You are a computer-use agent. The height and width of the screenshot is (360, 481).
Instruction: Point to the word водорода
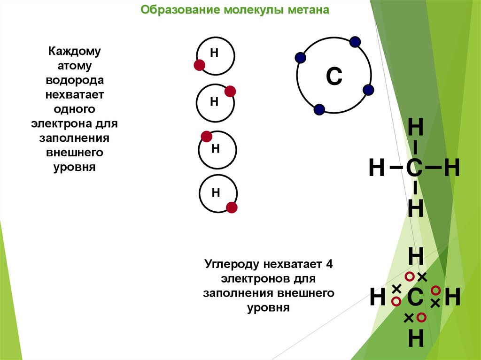click(x=75, y=80)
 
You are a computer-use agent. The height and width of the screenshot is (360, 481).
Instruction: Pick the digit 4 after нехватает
click(x=329, y=263)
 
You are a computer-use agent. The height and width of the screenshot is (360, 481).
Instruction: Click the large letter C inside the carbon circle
click(x=334, y=77)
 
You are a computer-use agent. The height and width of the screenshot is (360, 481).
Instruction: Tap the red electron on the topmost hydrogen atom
click(x=199, y=65)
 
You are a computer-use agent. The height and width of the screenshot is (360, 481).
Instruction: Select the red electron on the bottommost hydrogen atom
click(x=232, y=207)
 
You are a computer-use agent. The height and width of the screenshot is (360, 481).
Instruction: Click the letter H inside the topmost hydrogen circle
click(x=214, y=53)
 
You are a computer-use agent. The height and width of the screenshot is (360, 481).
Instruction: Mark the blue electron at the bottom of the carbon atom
click(x=319, y=109)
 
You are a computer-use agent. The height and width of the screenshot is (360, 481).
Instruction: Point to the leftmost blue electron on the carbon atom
click(x=300, y=58)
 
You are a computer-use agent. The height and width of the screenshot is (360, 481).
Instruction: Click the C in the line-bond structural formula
click(x=415, y=168)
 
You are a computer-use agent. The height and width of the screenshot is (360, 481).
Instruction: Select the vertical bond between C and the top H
click(x=416, y=147)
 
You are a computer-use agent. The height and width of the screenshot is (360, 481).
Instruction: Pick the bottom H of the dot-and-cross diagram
click(x=416, y=338)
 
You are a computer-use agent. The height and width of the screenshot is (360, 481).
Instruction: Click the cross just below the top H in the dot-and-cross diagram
click(x=422, y=276)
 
